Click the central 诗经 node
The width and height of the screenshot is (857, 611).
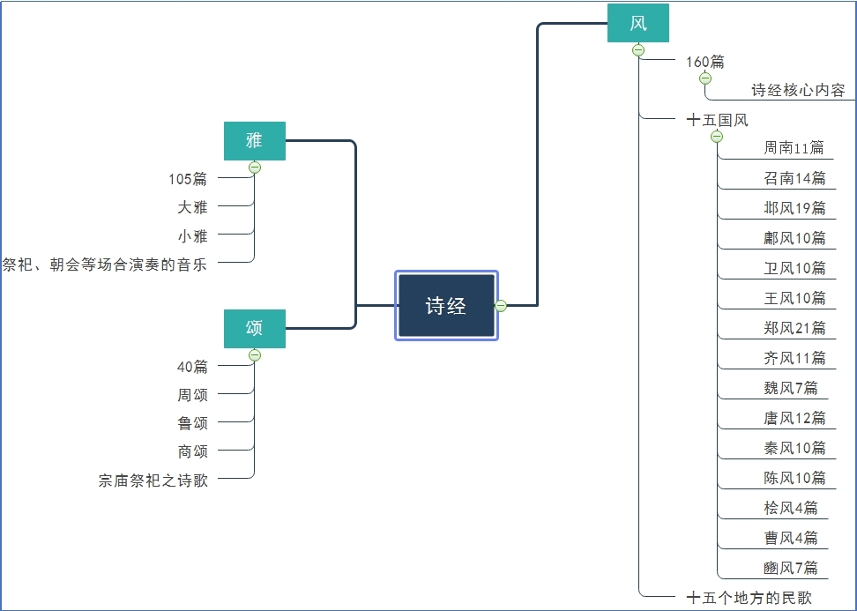pyautogui.click(x=446, y=306)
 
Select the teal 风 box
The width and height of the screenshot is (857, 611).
pyautogui.click(x=638, y=23)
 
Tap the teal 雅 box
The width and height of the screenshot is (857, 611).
pyautogui.click(x=255, y=141)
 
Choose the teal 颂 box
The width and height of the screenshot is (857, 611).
pyautogui.click(x=255, y=328)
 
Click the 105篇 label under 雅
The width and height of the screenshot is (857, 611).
pyautogui.click(x=188, y=179)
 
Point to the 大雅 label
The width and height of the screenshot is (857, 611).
pyautogui.click(x=192, y=207)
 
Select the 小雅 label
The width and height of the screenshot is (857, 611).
pyautogui.click(x=192, y=235)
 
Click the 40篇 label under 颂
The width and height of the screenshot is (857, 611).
pyautogui.click(x=192, y=366)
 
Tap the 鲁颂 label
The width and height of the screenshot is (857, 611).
pyautogui.click(x=192, y=422)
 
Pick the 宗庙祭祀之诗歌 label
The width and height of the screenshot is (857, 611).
pyautogui.click(x=153, y=481)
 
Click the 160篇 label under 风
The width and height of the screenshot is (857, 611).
pyautogui.click(x=705, y=62)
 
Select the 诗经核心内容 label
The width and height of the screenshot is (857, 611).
pyautogui.click(x=798, y=90)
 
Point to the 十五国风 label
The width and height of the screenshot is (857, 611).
pyautogui.click(x=717, y=120)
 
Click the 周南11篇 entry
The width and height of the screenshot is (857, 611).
pyautogui.click(x=794, y=148)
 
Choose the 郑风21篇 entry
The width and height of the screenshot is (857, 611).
pyautogui.click(x=794, y=328)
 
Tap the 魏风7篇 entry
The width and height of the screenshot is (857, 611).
pyautogui.click(x=791, y=388)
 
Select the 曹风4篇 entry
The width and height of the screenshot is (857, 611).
pyautogui.click(x=791, y=538)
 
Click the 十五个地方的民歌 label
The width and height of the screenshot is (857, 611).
pyautogui.click(x=749, y=598)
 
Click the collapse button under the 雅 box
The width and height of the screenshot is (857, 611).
pyautogui.click(x=255, y=168)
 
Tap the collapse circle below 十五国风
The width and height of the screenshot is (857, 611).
pyautogui.click(x=717, y=137)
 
